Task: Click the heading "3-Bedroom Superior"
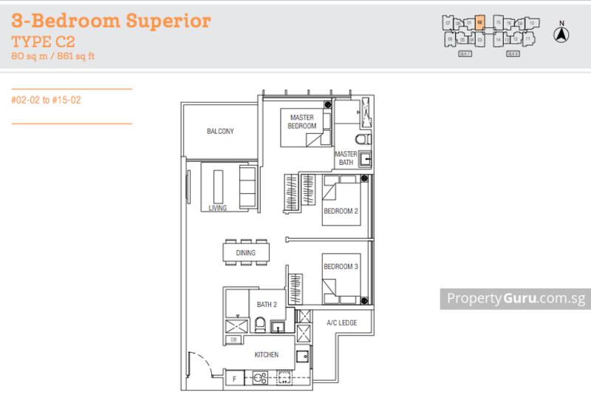click(112, 20)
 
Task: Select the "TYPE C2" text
click(44, 41)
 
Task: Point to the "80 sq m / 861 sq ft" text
click(53, 55)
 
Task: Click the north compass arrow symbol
click(561, 33)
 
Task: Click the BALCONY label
click(220, 132)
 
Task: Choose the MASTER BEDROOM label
click(302, 122)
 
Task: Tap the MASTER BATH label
click(346, 158)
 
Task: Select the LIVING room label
click(217, 209)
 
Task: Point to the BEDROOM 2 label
click(341, 212)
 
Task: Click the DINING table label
click(246, 253)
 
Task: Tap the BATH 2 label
click(267, 304)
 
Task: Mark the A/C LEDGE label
click(342, 323)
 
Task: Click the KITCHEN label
click(267, 355)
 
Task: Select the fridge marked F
click(235, 379)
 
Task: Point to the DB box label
click(233, 340)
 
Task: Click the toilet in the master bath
click(360, 140)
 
